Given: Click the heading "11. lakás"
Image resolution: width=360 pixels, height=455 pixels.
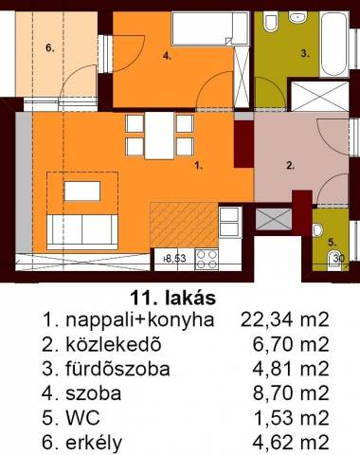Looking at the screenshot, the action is pyautogui.click(x=173, y=298).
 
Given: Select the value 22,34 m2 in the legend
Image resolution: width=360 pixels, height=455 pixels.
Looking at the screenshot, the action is pyautogui.click(x=285, y=319).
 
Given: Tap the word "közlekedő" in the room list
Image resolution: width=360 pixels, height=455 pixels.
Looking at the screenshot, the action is pyautogui.click(x=114, y=344).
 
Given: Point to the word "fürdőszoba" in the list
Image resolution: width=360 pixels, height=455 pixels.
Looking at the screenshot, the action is pyautogui.click(x=117, y=369).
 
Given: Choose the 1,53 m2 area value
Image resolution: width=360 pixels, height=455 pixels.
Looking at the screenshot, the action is pyautogui.click(x=292, y=418).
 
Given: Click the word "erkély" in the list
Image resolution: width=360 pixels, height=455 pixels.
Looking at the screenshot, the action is pyautogui.click(x=94, y=443).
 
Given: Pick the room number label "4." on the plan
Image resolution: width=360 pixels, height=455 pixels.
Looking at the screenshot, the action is pyautogui.click(x=167, y=56).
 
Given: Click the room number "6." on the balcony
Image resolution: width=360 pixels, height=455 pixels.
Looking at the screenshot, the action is pyautogui.click(x=50, y=48).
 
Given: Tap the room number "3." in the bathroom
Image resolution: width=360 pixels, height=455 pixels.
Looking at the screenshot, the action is pyautogui.click(x=305, y=54).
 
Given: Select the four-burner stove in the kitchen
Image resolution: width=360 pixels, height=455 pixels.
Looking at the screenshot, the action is pyautogui.click(x=207, y=260).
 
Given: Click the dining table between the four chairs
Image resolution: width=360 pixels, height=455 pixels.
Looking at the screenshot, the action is pyautogui.click(x=159, y=136).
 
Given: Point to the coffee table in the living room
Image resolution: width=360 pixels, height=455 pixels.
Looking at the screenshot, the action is pyautogui.click(x=82, y=191).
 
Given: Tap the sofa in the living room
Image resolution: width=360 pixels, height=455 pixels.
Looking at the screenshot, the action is pyautogui.click(x=82, y=231).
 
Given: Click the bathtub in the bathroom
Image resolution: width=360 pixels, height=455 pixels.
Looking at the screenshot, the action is pyautogui.click(x=334, y=44).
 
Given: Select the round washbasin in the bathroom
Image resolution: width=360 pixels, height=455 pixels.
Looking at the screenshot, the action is pyautogui.click(x=297, y=17).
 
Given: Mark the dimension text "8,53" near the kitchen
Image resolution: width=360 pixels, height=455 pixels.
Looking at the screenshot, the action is pyautogui.click(x=175, y=259).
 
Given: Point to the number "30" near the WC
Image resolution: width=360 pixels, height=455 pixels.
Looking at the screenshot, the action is pyautogui.click(x=339, y=259).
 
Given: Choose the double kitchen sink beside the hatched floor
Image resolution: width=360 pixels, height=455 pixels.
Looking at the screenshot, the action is pyautogui.click(x=229, y=222).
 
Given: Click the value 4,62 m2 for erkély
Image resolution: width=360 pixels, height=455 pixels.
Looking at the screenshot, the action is pyautogui.click(x=291, y=443).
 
